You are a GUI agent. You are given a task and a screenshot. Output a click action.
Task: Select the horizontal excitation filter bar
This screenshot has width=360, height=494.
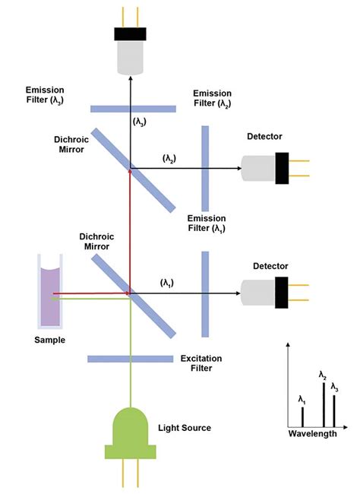pos(130,358)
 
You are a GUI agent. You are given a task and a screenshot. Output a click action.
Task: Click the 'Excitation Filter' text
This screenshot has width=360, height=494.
pos(201,363)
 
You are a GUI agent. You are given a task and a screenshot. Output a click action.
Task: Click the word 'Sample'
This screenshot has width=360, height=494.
pos(50,340)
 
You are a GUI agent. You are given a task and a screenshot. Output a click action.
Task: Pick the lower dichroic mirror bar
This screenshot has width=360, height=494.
pos(134,296)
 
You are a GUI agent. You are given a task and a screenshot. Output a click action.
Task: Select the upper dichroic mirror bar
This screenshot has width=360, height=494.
pos(134,169)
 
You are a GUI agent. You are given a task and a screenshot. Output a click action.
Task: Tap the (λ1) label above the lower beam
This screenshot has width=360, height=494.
pos(166,283)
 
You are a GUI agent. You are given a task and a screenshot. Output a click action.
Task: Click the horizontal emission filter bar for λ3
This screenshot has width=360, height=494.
pos(133,108)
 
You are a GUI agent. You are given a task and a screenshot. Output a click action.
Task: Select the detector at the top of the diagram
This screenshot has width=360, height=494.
pos(130,52)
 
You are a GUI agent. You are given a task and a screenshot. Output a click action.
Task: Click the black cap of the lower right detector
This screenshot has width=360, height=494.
pos(282,292)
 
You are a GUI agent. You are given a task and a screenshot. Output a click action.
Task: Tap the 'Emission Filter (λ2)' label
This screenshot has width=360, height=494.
pos(213,97)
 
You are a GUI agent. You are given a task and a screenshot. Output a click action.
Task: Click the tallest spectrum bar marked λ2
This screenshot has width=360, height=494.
pos(324,404)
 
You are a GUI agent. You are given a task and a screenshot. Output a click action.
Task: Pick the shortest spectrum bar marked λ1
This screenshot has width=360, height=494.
pos(302,416)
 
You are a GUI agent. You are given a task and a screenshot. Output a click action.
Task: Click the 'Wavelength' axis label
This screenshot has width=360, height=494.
pos(312,434)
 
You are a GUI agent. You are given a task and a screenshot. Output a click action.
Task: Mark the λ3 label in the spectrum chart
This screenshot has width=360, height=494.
pos(334,387)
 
